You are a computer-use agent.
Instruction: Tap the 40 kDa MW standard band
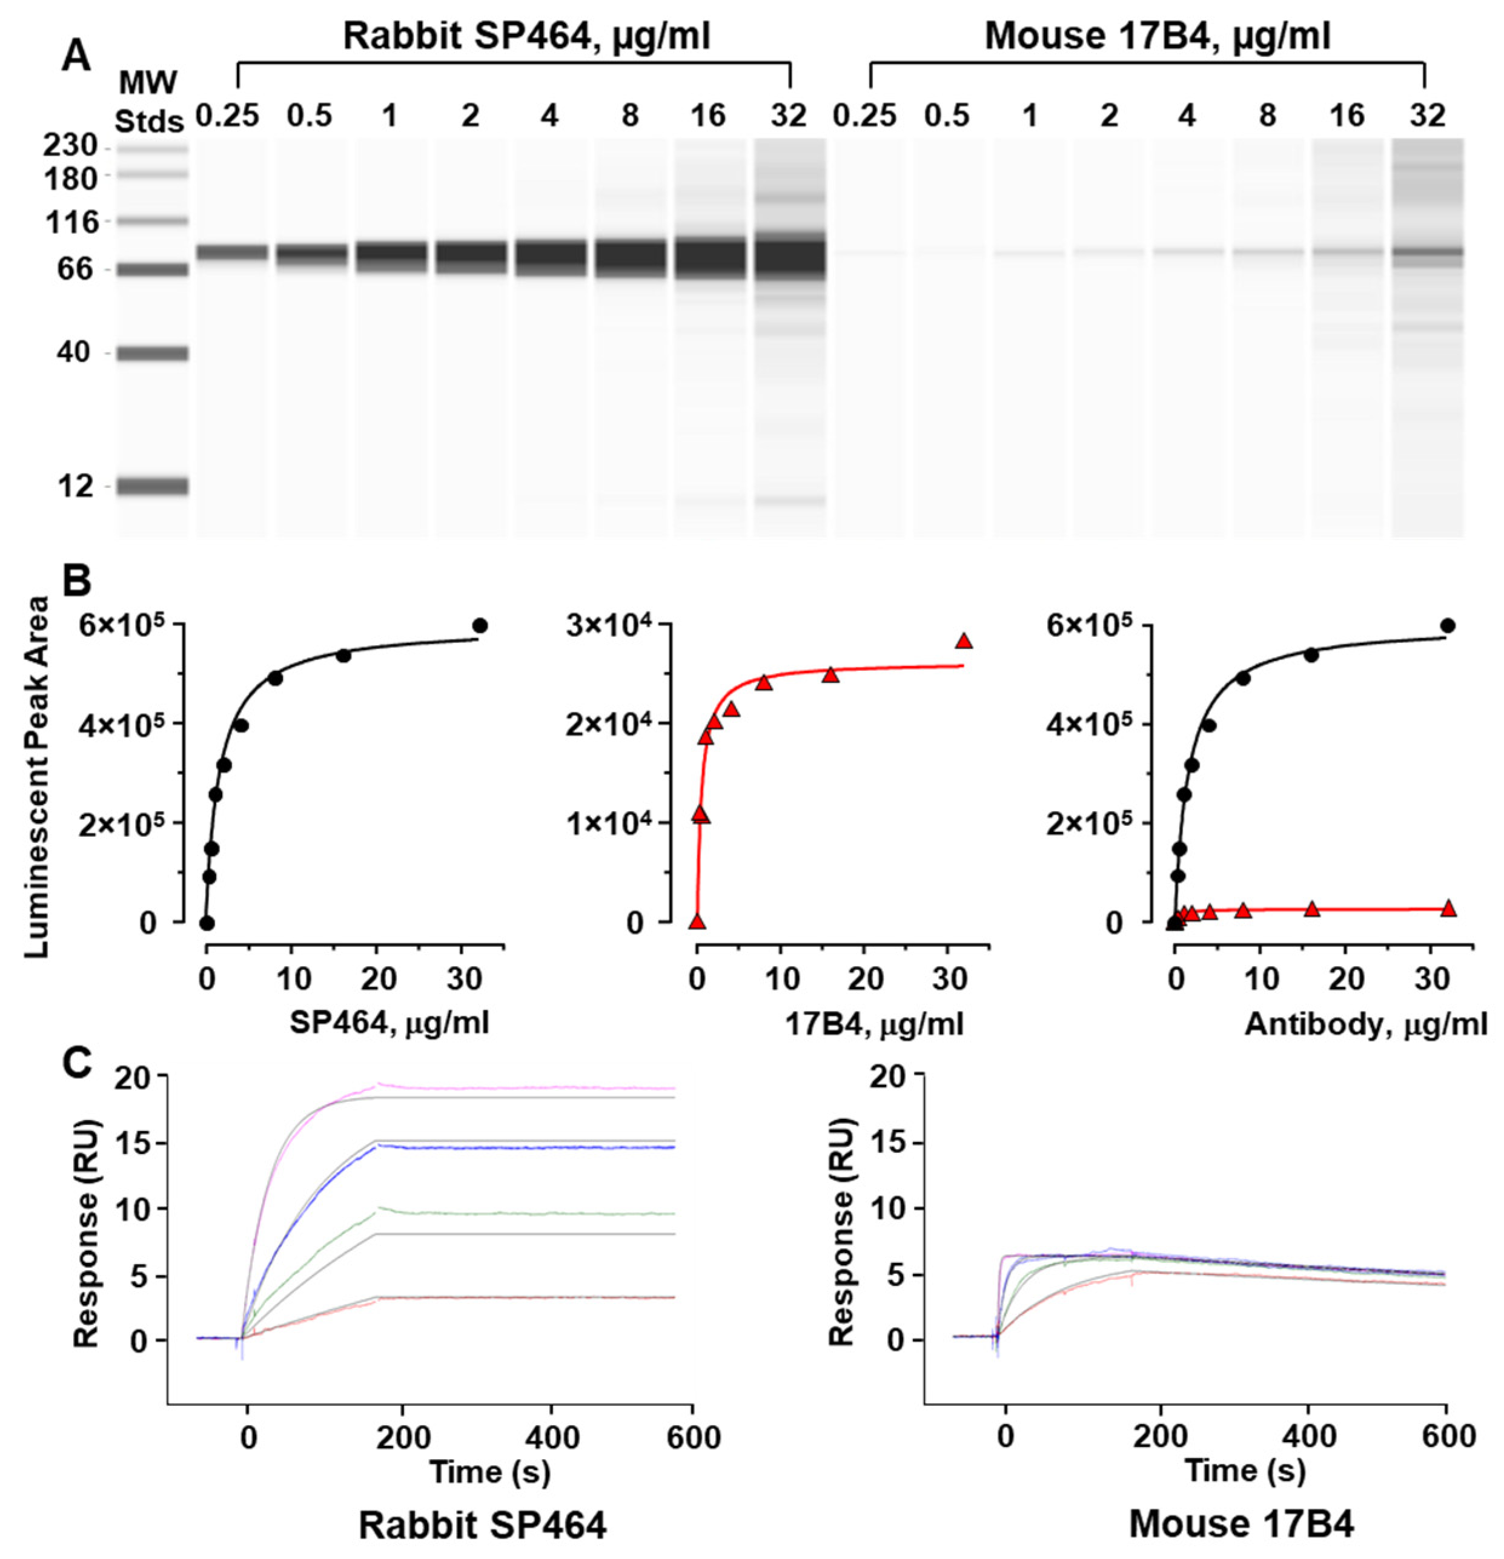click(x=152, y=353)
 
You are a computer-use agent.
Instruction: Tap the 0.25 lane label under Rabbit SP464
click(x=228, y=116)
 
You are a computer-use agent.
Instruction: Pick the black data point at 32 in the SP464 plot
click(x=480, y=626)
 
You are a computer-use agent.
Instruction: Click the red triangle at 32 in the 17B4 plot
click(x=964, y=642)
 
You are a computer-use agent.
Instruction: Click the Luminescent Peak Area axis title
click(x=36, y=776)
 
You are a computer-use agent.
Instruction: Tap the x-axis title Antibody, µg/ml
click(x=1365, y=1024)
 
